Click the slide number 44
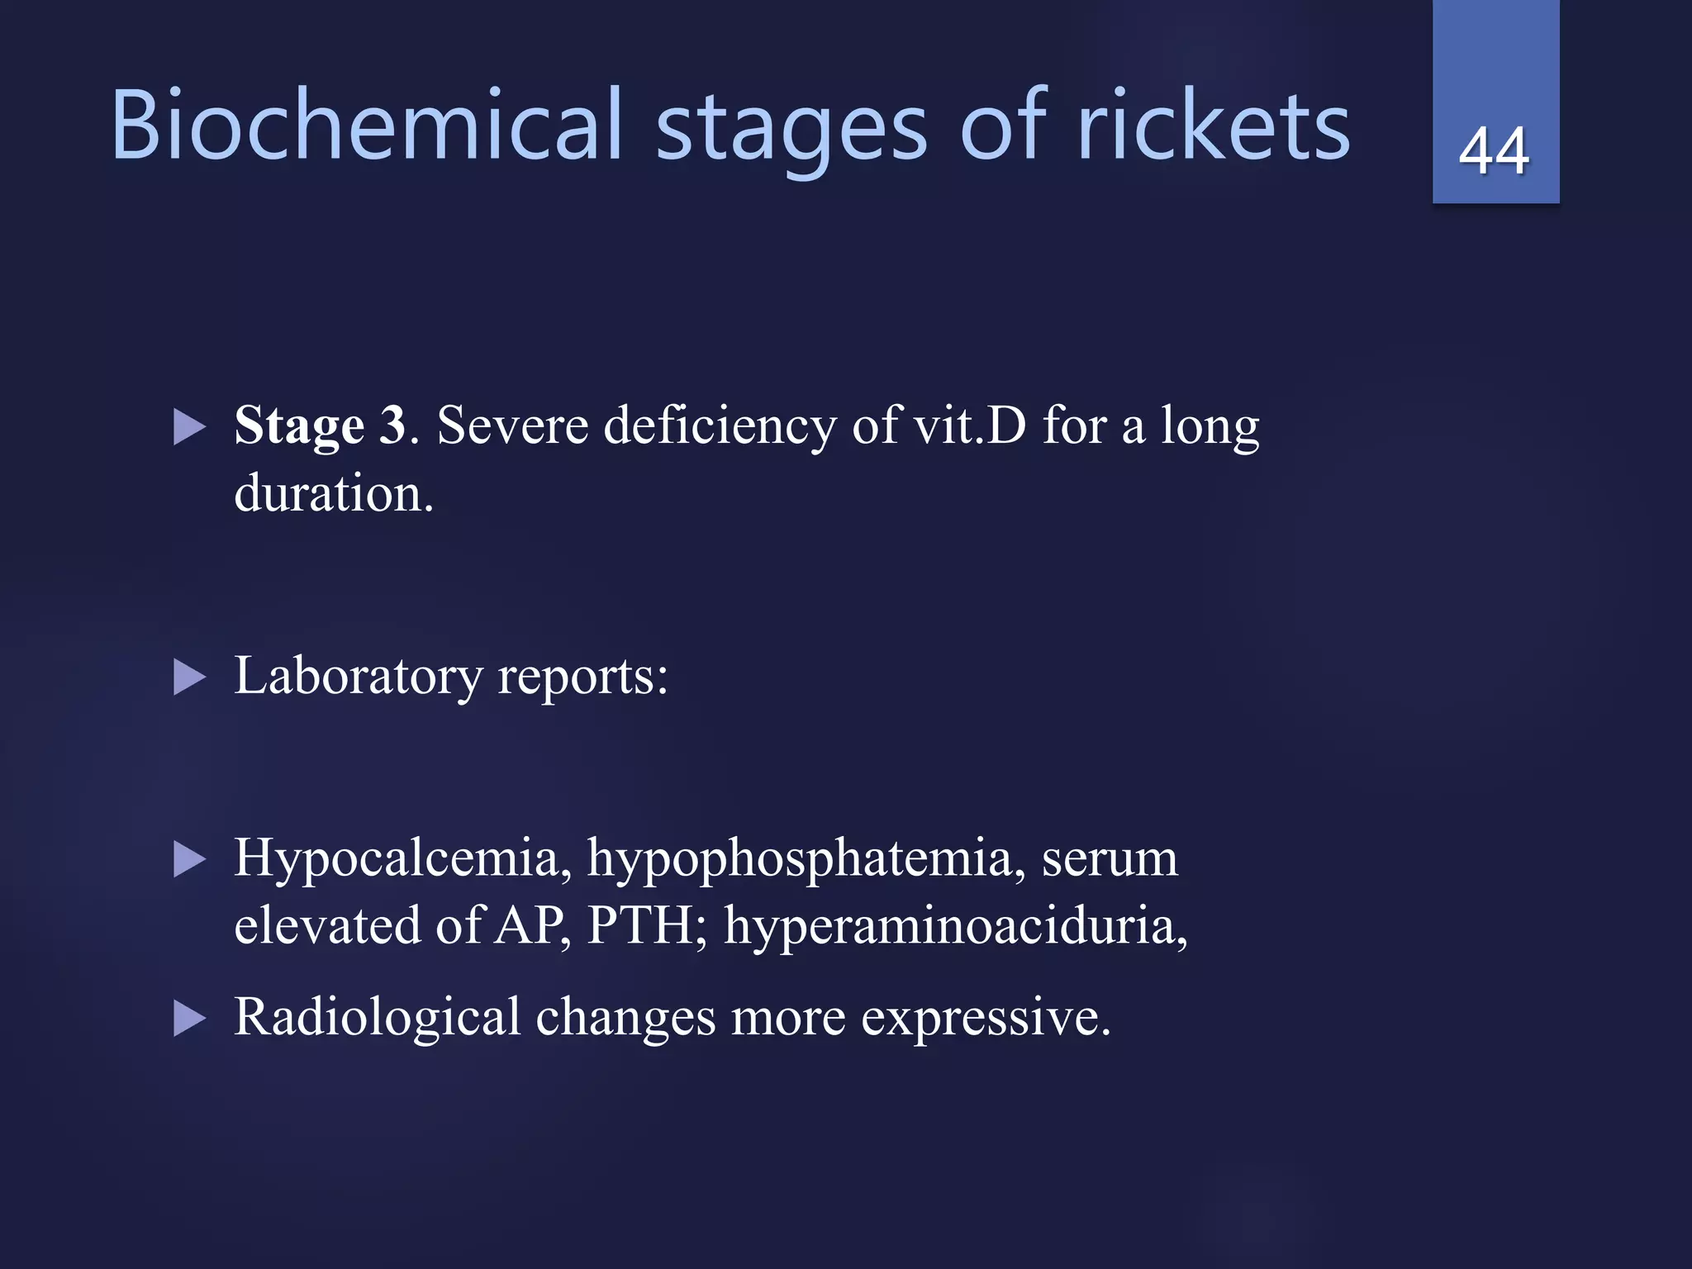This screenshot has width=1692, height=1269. pyautogui.click(x=1494, y=151)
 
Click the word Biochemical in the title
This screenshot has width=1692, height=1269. pyautogui.click(x=366, y=126)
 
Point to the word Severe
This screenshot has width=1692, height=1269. pyautogui.click(x=512, y=426)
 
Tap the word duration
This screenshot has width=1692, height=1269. pyautogui.click(x=333, y=494)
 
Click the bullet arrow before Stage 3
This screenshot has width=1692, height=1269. pyautogui.click(x=189, y=429)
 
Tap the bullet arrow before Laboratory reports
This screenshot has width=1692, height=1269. pyautogui.click(x=189, y=679)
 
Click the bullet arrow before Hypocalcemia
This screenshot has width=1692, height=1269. pyautogui.click(x=189, y=861)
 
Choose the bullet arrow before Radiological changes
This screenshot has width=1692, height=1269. pyautogui.click(x=189, y=1019)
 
